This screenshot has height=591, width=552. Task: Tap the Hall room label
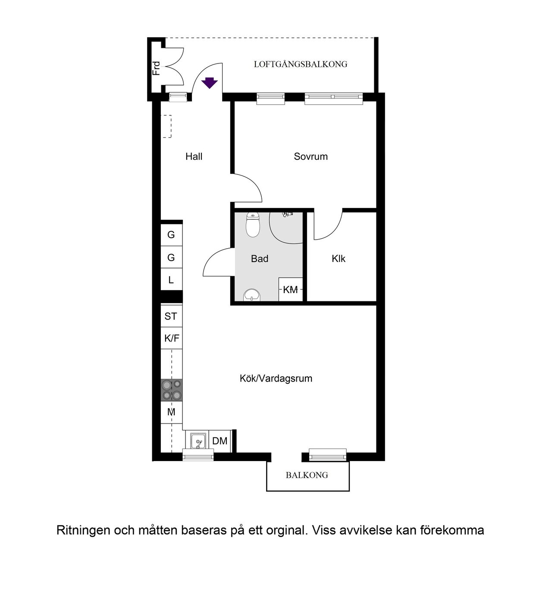click(x=194, y=157)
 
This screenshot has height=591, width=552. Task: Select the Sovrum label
click(x=310, y=157)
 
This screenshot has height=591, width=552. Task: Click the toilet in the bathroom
click(x=253, y=225)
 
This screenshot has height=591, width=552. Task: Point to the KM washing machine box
click(x=290, y=289)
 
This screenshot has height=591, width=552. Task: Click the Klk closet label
click(x=339, y=259)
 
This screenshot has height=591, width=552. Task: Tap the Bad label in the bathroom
click(x=259, y=259)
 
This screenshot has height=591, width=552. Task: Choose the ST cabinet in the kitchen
click(x=171, y=316)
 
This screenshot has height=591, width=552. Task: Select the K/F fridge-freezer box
click(x=171, y=338)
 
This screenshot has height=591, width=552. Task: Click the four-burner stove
click(x=172, y=390)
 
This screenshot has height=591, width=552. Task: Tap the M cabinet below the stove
click(x=171, y=412)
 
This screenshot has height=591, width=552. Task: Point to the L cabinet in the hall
click(x=171, y=279)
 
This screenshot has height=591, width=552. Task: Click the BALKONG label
click(x=307, y=475)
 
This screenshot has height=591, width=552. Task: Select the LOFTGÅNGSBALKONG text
click(x=301, y=64)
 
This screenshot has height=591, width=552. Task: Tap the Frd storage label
click(x=156, y=68)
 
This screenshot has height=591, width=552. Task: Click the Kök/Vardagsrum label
click(x=276, y=379)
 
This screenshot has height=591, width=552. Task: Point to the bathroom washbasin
click(x=252, y=295)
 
